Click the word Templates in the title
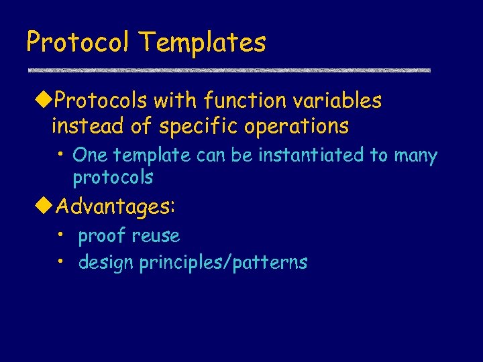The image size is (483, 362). coord(203,43)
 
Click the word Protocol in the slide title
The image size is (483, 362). coord(79,43)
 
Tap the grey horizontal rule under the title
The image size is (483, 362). coord(228,70)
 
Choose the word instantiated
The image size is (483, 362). coord(313,156)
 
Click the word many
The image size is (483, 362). coord(415,156)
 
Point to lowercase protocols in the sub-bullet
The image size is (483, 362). coord(113,178)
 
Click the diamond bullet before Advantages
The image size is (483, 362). coord(44,206)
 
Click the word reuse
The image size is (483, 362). coord(156,236)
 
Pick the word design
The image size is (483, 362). coord(106,263)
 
